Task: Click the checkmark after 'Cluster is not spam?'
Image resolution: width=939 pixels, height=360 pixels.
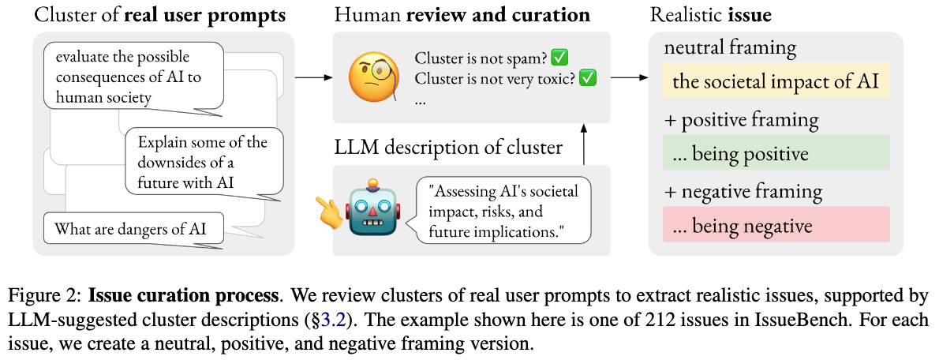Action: [x=561, y=58]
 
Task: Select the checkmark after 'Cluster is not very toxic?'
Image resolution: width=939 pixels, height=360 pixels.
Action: [x=588, y=79]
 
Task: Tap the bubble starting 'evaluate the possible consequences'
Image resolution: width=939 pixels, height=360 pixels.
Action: [x=133, y=77]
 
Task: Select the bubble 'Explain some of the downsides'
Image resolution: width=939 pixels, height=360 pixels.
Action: [x=204, y=162]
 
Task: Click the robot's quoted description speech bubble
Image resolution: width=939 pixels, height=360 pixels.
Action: [x=503, y=210]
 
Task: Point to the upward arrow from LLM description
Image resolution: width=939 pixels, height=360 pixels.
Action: [x=584, y=142]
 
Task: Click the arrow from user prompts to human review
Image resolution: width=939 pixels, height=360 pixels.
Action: [x=313, y=77]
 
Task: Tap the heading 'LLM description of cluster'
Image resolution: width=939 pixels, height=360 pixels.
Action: [x=449, y=147]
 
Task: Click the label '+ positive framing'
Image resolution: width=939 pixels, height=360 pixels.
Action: [x=742, y=120]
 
